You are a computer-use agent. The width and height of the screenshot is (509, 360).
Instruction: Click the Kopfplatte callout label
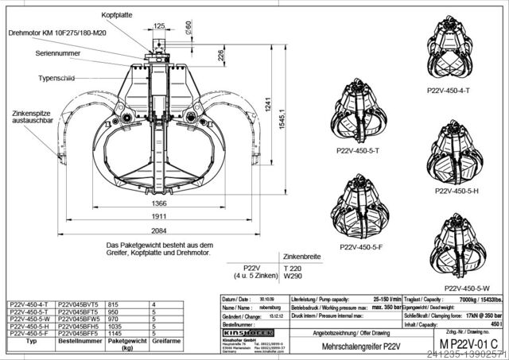click(x=116, y=15)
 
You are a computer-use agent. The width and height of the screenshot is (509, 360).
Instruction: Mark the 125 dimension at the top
click(x=160, y=26)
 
